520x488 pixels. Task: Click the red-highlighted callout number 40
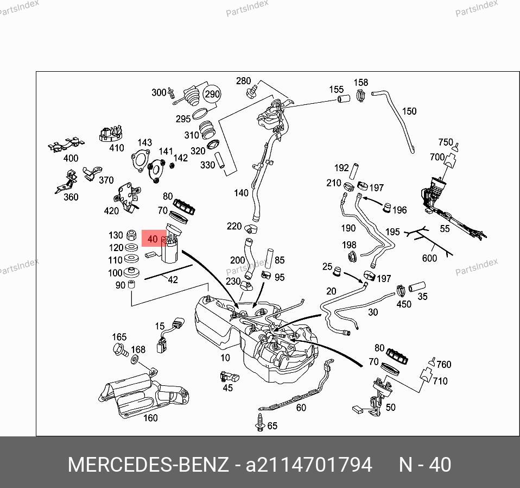(152, 239)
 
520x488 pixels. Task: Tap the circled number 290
(212, 94)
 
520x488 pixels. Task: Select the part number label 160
(150, 417)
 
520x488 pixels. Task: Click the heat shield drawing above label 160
(144, 393)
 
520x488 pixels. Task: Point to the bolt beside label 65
(260, 423)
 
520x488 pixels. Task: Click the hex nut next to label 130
(132, 235)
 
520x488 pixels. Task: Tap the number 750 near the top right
(446, 142)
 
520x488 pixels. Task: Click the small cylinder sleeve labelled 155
(344, 98)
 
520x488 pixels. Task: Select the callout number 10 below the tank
(225, 358)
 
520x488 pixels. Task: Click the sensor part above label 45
(230, 377)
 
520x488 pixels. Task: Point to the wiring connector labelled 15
(170, 334)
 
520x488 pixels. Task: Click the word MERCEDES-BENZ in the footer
(148, 465)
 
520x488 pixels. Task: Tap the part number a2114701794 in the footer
(309, 465)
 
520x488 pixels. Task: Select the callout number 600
(429, 258)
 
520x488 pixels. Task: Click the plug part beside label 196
(386, 208)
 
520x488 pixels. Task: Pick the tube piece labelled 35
(417, 286)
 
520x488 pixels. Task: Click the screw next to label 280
(252, 92)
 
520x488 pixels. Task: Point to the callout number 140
(241, 193)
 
